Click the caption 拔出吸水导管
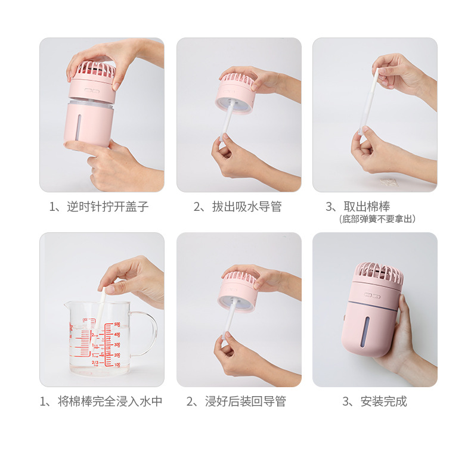pyautogui.click(x=238, y=207)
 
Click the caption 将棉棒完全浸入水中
pyautogui.click(x=101, y=401)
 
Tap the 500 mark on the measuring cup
pyautogui.click(x=117, y=325)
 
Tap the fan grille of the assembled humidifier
pyautogui.click(x=379, y=274)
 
